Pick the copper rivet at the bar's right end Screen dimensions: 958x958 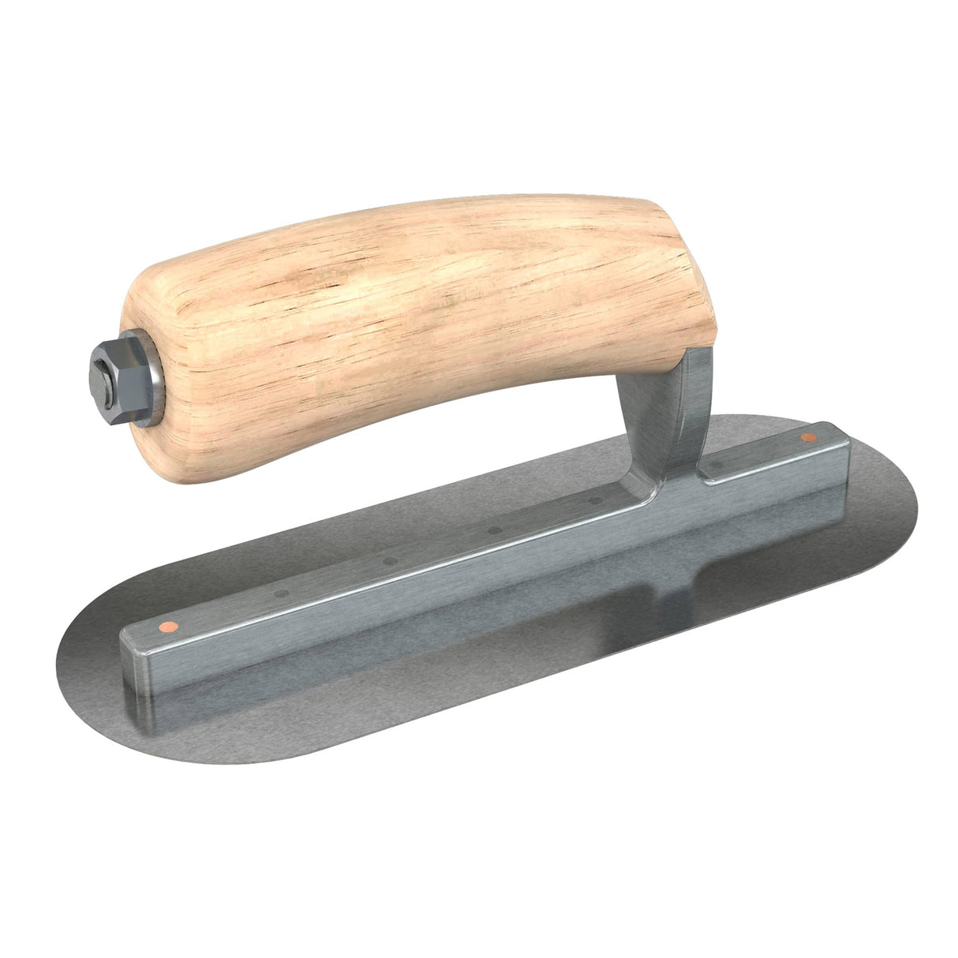tap(807, 436)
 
